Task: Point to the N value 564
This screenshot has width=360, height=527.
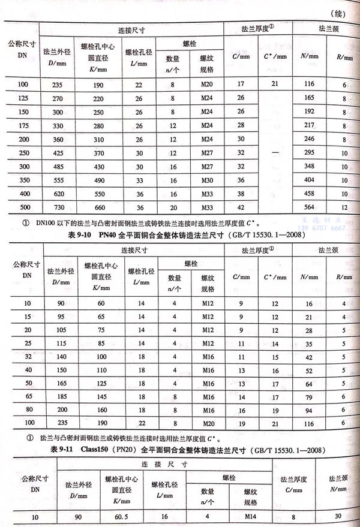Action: click(310, 207)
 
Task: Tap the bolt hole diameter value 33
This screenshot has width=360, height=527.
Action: click(139, 180)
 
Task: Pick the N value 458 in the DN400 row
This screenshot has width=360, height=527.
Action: click(310, 194)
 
